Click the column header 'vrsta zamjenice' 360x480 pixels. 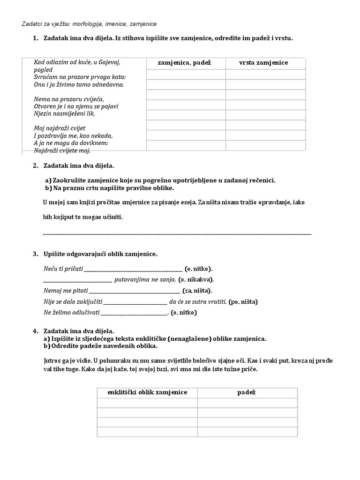[263, 63]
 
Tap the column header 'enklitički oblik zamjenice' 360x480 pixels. [147, 392]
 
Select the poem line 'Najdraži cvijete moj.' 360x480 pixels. [62, 150]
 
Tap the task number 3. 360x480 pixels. [35, 254]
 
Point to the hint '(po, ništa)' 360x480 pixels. [243, 301]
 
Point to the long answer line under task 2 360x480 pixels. [177, 233]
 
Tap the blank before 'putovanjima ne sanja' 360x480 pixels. [77, 281]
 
